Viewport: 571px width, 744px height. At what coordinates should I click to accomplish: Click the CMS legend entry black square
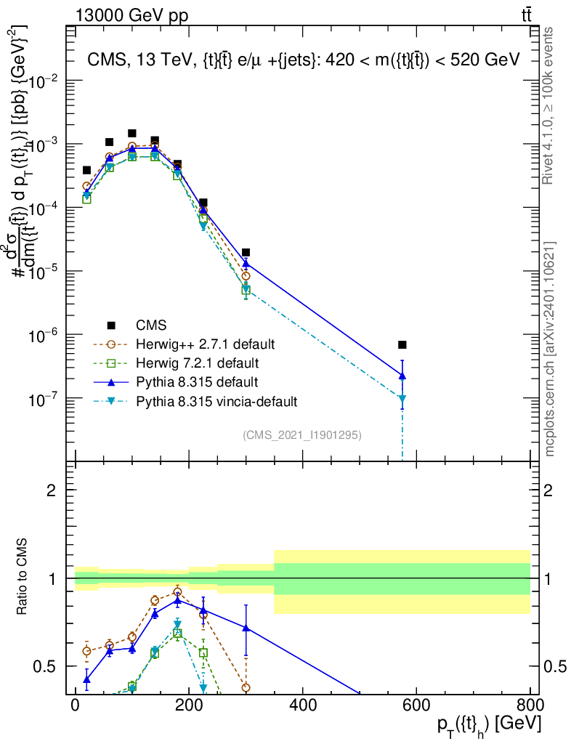[111, 325]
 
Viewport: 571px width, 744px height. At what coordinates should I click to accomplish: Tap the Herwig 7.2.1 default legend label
[196, 363]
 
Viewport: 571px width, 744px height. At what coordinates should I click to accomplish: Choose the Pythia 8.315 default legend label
[197, 381]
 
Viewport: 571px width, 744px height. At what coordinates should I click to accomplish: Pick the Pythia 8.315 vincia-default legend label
[216, 400]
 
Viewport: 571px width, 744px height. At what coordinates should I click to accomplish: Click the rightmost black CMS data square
[402, 344]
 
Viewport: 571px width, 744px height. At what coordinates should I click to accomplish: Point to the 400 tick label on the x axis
[302, 704]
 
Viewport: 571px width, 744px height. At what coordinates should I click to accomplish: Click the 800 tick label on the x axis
[529, 704]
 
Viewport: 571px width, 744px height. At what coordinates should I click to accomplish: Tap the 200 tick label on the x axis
[189, 704]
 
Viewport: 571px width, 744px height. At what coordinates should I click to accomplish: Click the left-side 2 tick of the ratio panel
[51, 490]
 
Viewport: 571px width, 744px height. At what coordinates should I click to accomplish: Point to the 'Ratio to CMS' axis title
[22, 578]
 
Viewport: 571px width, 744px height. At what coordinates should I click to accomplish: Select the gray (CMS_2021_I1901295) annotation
[302, 434]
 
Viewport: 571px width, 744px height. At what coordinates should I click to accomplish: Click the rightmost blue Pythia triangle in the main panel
[402, 376]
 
